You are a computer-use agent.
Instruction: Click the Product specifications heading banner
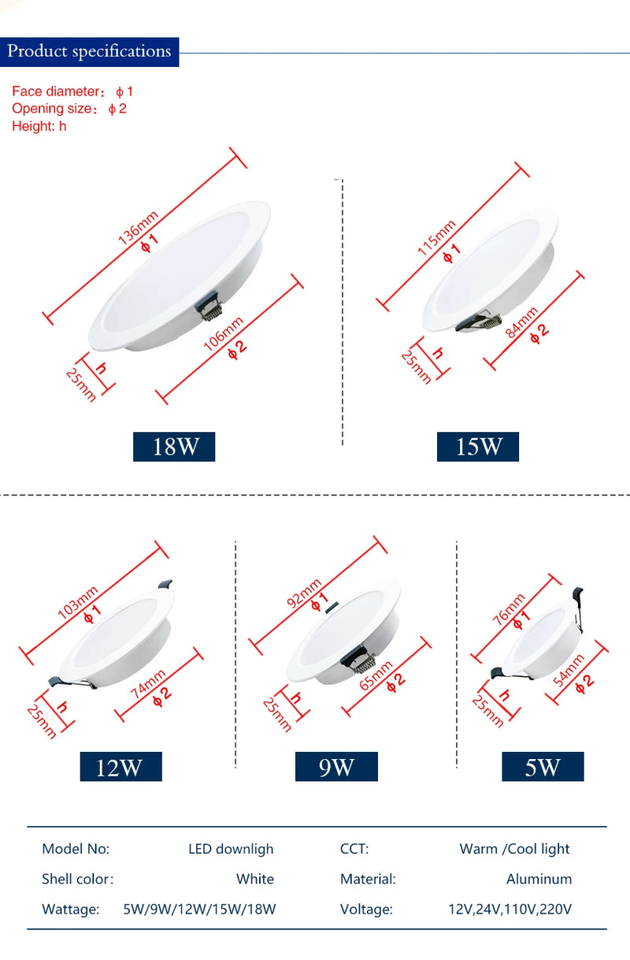click(x=89, y=52)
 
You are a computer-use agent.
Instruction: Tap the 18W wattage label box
click(x=173, y=447)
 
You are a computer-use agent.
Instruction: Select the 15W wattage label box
click(x=478, y=447)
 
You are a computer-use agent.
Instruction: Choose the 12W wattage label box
click(x=120, y=767)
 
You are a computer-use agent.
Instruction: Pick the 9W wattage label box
click(x=336, y=767)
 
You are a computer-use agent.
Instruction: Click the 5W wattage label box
click(x=543, y=767)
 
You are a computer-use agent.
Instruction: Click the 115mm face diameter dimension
click(x=437, y=237)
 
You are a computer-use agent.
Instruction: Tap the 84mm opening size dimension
click(x=521, y=322)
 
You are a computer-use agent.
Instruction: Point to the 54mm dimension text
click(x=569, y=670)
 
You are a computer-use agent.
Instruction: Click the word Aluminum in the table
click(x=539, y=879)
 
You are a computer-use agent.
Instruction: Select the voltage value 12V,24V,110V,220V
click(x=510, y=909)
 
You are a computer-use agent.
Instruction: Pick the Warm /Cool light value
click(x=514, y=849)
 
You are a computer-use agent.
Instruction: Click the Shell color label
click(x=77, y=879)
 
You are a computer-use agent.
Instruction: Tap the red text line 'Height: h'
click(x=39, y=126)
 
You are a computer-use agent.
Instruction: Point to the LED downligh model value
click(x=231, y=849)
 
